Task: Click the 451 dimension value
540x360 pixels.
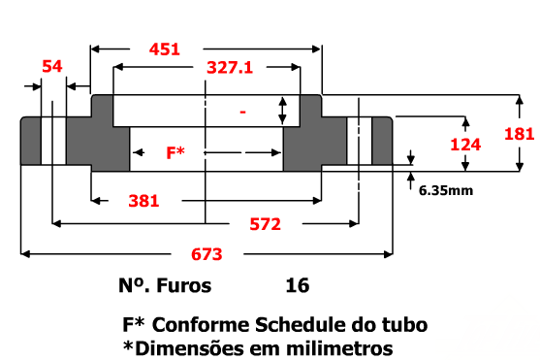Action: (165, 49)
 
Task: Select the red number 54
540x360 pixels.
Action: (52, 66)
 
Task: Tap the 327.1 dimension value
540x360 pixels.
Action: (230, 68)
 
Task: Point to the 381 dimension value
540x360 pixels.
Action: (143, 201)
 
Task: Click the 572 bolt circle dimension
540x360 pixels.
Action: (266, 224)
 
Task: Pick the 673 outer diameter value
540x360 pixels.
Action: (206, 254)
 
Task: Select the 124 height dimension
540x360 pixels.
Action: (465, 145)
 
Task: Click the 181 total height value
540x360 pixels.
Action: (520, 134)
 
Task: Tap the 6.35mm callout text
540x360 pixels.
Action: (446, 190)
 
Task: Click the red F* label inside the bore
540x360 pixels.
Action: (175, 152)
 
